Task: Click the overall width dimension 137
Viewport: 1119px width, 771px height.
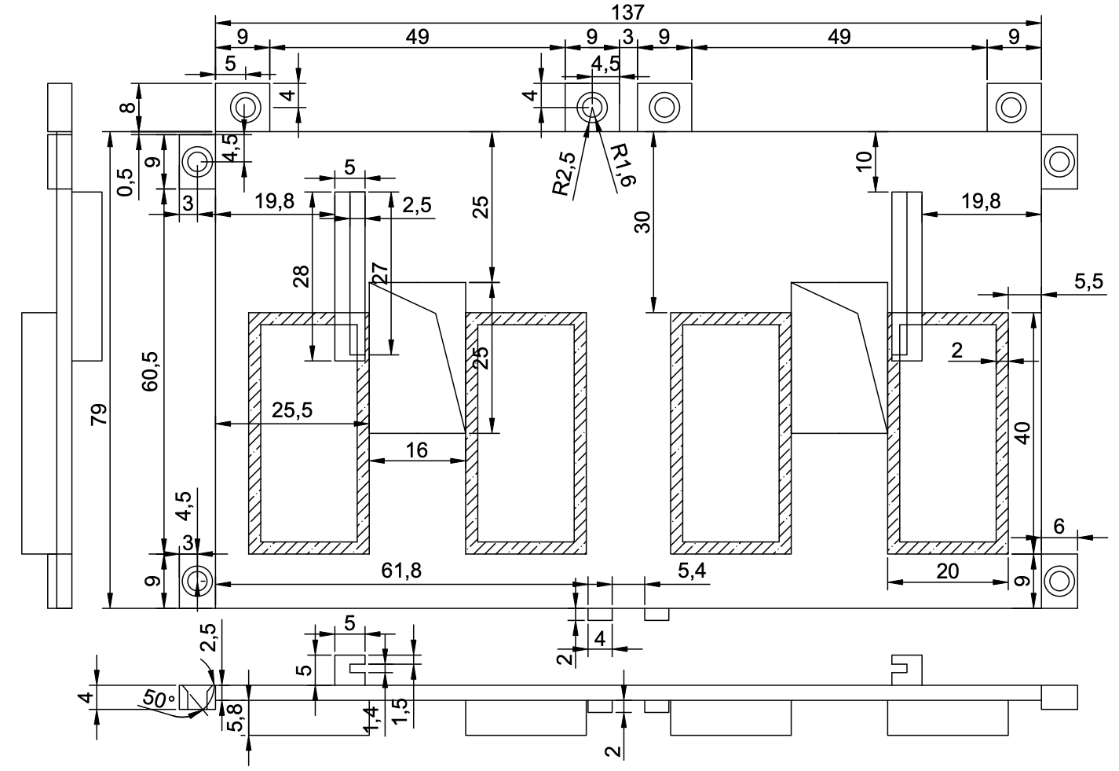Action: click(x=628, y=12)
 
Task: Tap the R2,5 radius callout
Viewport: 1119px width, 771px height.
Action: click(x=565, y=173)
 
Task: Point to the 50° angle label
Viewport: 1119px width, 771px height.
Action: click(x=157, y=698)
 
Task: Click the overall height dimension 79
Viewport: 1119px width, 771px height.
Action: click(x=99, y=414)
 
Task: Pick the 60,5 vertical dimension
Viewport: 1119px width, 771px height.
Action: click(x=150, y=372)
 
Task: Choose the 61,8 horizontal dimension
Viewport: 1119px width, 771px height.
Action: click(x=401, y=571)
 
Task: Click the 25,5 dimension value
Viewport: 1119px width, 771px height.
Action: click(x=292, y=410)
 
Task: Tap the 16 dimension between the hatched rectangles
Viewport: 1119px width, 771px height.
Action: click(x=417, y=450)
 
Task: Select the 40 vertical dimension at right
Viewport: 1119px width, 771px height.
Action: click(x=1022, y=433)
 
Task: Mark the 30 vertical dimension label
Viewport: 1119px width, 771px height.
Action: click(x=643, y=222)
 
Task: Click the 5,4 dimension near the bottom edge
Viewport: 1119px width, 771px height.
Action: click(x=692, y=570)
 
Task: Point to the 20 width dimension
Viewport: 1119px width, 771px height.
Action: click(x=947, y=571)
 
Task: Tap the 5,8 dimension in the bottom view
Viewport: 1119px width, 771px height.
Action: click(x=235, y=718)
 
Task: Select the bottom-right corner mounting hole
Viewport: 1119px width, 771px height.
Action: click(x=1059, y=581)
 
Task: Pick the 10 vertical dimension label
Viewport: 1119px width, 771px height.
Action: click(x=864, y=161)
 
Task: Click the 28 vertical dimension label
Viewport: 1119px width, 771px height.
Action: click(x=302, y=277)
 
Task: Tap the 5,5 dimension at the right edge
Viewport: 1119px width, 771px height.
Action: click(x=1089, y=281)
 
